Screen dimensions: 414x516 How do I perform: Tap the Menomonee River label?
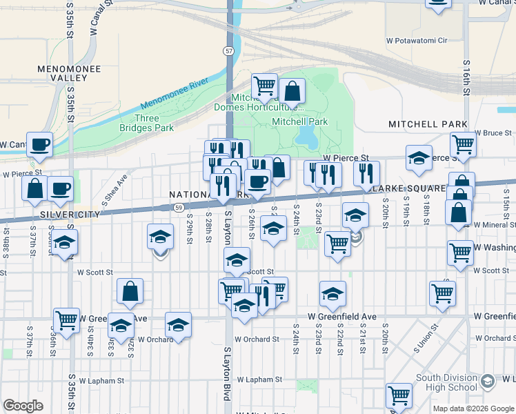coord(174,95)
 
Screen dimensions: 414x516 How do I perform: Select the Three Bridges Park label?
coord(154,123)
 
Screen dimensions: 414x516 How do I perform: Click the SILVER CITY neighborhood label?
coord(70,215)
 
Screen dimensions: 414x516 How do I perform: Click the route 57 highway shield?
coord(228,50)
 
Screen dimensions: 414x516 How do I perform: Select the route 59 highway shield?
coord(179,206)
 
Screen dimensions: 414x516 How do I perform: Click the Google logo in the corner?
coord(23,406)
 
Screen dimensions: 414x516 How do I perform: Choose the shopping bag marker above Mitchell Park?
coord(292,91)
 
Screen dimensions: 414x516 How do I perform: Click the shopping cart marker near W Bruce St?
coord(463,145)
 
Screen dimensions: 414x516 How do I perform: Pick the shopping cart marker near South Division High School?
coord(399,395)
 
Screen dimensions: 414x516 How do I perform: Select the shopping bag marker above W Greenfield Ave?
coord(130,292)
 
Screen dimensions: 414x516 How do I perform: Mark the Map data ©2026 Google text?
coord(473,408)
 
